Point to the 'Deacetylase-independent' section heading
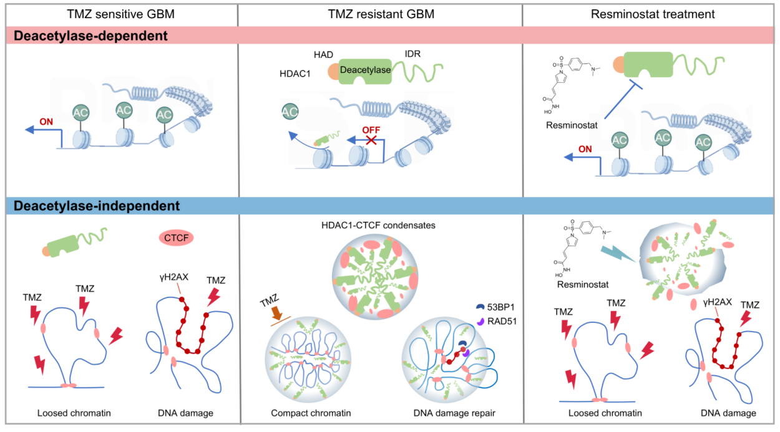(97, 204)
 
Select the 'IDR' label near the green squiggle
(412, 54)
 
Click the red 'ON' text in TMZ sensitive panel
(47, 122)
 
